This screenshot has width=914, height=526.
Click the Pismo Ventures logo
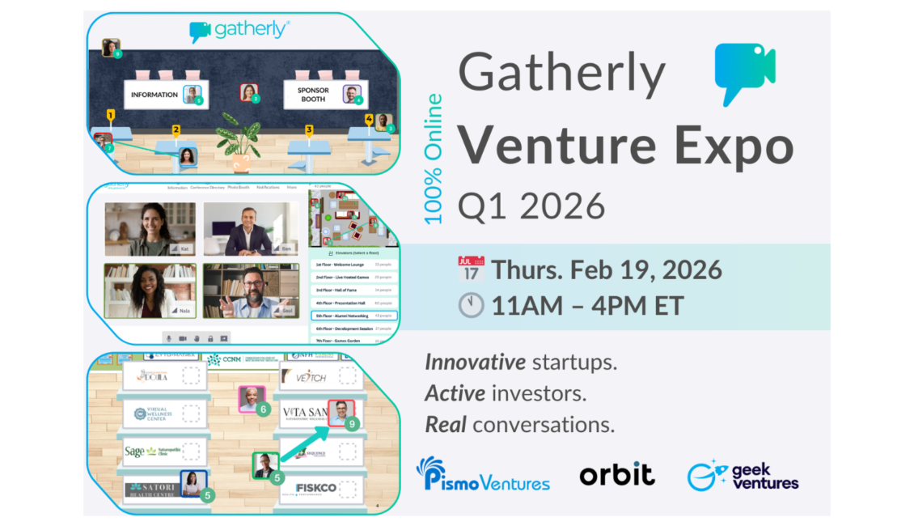point(483,475)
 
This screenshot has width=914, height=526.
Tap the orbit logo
point(617,474)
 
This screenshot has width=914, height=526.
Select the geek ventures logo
point(743,477)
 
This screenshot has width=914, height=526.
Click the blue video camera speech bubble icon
point(744,74)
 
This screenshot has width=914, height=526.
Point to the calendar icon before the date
point(471,269)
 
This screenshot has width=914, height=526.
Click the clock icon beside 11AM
point(471,305)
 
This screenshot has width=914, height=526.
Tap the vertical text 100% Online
point(434,159)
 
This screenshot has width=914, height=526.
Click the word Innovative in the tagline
point(465,363)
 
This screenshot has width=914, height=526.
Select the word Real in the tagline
point(446,424)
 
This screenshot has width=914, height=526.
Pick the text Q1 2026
point(531,207)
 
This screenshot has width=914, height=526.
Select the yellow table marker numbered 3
point(309,129)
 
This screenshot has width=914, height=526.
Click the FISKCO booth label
point(317,488)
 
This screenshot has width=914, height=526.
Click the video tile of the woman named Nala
point(150,290)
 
